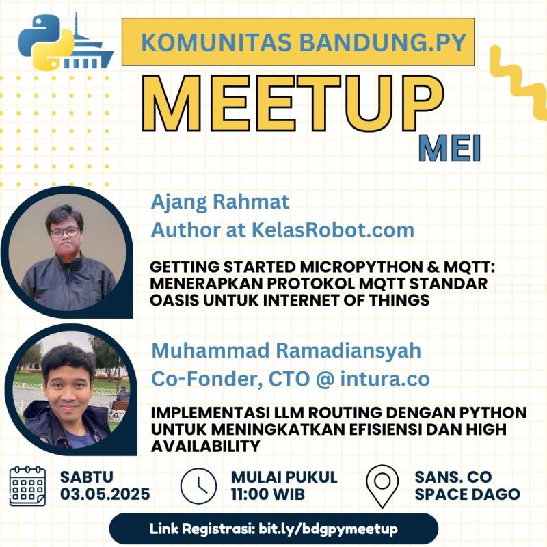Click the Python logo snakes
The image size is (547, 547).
46,42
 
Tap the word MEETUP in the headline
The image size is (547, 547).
293,103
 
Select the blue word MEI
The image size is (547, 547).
450,149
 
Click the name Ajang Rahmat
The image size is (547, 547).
220,202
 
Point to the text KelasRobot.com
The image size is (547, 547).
333,230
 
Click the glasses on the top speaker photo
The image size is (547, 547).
65,232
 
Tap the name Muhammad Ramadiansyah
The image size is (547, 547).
286,350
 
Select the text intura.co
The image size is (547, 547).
385,379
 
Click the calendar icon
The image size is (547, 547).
27,485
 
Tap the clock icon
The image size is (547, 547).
198,486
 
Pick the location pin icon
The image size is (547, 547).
382,486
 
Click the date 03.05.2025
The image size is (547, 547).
105,494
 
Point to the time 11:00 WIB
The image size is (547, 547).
268,494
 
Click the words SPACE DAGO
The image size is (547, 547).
467,494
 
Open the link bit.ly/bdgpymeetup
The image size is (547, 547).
328,529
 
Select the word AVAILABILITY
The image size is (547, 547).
206,446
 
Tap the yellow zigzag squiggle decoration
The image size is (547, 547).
519,83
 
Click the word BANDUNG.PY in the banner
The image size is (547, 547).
383,42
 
